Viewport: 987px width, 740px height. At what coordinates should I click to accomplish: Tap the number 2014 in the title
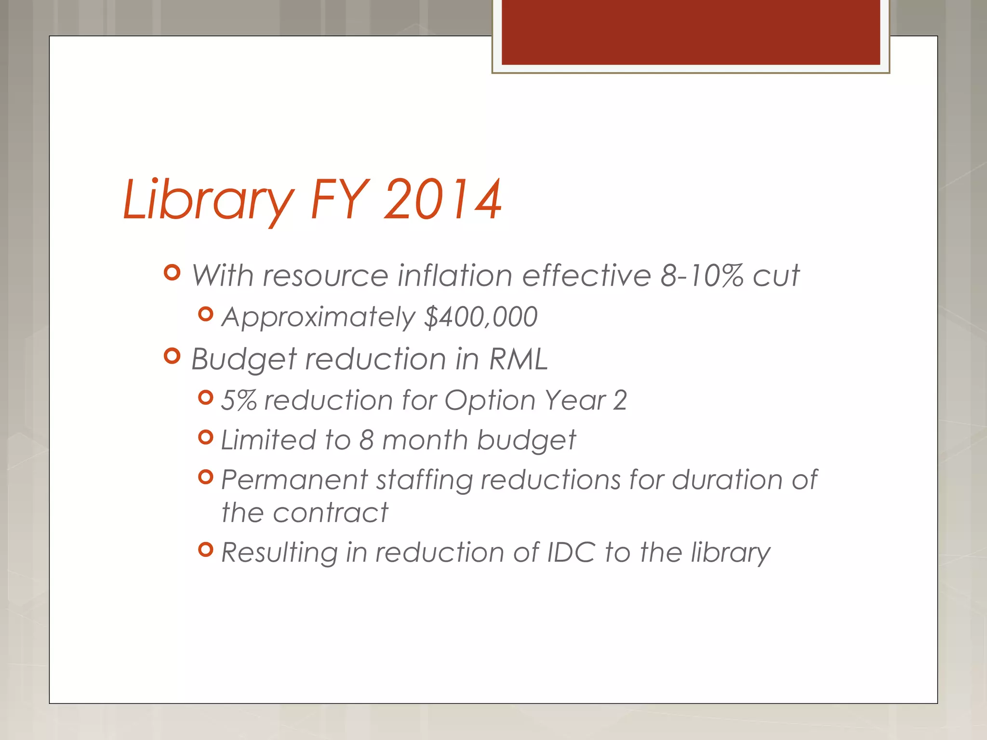pyautogui.click(x=442, y=200)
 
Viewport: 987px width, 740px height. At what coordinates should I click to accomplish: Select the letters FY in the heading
pyautogui.click(x=340, y=200)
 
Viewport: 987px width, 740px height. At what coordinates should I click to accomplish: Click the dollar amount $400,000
pyautogui.click(x=480, y=317)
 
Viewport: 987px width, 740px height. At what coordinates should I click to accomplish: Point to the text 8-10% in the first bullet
pyautogui.click(x=702, y=276)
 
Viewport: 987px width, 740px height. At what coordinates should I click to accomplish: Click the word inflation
pyautogui.click(x=454, y=276)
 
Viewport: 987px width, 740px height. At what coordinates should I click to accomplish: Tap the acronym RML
pyautogui.click(x=519, y=359)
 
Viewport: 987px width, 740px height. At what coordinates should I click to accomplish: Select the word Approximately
pyautogui.click(x=318, y=317)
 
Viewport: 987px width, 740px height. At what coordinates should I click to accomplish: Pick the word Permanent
pyautogui.click(x=294, y=480)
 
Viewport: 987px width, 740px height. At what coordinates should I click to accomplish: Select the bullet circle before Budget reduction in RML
pyautogui.click(x=172, y=357)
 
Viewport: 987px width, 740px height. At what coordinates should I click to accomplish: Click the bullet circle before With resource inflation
pyautogui.click(x=172, y=273)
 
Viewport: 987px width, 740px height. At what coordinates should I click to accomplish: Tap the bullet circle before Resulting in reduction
pyautogui.click(x=206, y=549)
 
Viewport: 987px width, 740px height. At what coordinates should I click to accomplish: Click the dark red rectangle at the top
pyautogui.click(x=691, y=32)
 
